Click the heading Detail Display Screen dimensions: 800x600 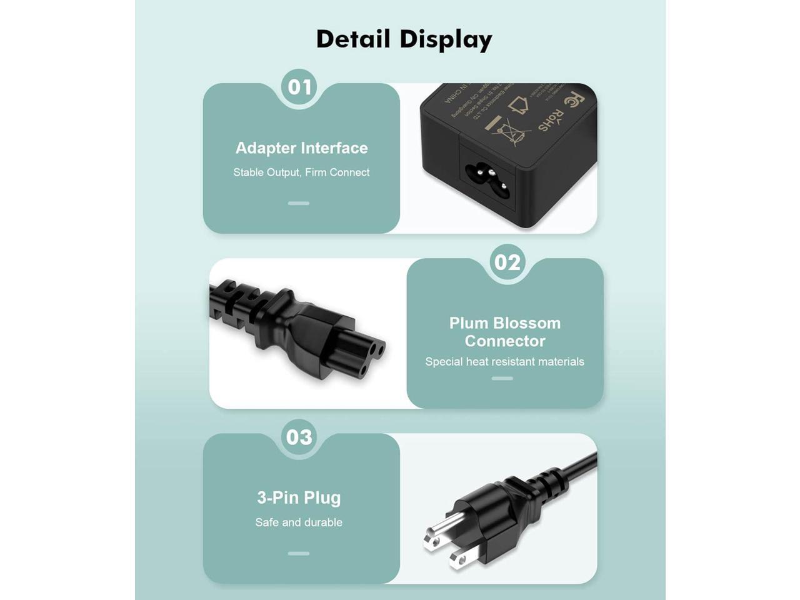404,39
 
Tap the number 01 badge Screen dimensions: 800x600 299,86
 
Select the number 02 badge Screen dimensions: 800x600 507,262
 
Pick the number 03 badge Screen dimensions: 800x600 299,437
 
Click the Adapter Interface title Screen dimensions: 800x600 301,148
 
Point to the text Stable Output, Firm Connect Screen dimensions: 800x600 301,172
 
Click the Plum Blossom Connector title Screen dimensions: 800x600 505,332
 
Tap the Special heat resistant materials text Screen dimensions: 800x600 504,362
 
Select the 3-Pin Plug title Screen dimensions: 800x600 299,497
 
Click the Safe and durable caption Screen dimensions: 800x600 299,522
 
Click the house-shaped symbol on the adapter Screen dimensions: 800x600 518,105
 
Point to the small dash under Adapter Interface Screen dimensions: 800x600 299,203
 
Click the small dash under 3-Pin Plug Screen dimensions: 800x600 299,553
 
